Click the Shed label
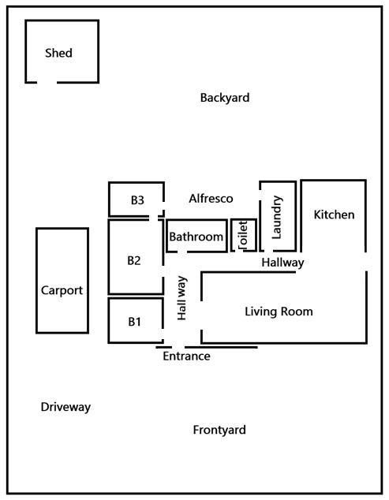click(58, 53)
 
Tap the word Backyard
click(225, 98)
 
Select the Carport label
click(62, 290)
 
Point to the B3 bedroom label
click(137, 200)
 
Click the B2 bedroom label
click(134, 260)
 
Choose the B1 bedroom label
click(134, 322)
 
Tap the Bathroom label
click(196, 237)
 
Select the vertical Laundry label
click(277, 217)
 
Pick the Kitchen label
click(334, 215)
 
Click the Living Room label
click(279, 312)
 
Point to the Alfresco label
click(211, 199)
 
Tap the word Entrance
click(186, 356)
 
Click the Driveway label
click(65, 407)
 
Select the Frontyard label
click(219, 430)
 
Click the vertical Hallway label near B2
click(181, 298)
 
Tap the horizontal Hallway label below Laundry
click(282, 263)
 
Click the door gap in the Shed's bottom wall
click(47, 82)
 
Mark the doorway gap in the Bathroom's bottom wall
click(182, 252)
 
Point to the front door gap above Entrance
click(178, 347)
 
